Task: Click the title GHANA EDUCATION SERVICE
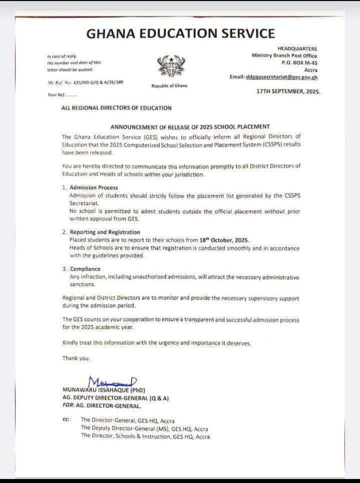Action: click(180, 33)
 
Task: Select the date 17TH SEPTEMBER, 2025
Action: click(288, 92)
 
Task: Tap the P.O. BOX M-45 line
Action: click(299, 63)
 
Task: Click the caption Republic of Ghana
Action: click(169, 86)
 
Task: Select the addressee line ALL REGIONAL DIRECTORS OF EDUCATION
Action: click(116, 107)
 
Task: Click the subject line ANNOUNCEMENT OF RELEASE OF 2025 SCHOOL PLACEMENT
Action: click(190, 126)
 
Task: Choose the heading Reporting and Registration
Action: click(105, 232)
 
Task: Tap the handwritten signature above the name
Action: click(112, 381)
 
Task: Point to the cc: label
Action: click(66, 419)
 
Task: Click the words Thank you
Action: click(76, 358)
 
